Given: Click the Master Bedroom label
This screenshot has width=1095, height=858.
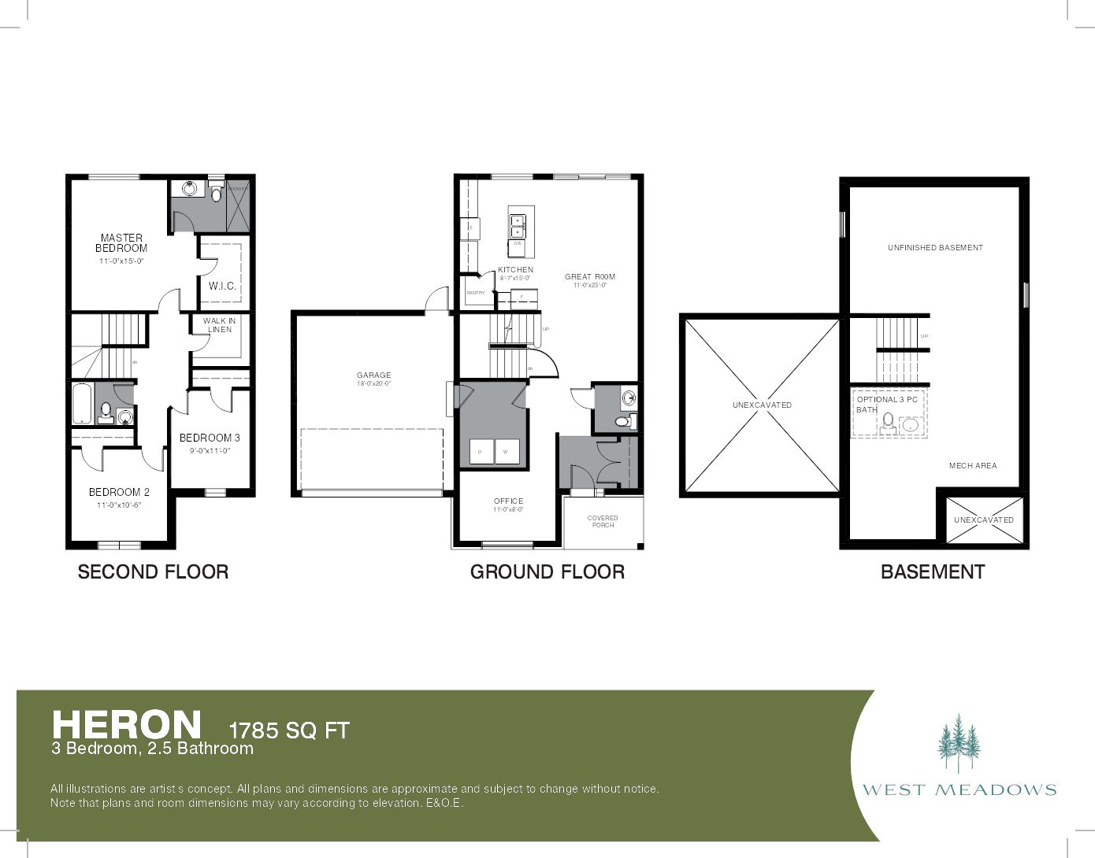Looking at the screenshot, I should click(121, 242).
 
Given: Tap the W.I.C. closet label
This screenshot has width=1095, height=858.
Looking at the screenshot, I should click(222, 286).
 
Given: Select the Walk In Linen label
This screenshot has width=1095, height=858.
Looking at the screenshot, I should click(219, 325).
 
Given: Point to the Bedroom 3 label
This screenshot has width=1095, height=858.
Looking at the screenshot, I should click(210, 438).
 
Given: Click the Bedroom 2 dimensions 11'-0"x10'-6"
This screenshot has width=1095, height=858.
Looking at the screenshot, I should click(119, 505).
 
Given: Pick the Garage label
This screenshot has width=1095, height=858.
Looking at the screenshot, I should click(373, 375).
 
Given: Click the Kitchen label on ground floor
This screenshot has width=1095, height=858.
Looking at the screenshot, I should click(515, 270).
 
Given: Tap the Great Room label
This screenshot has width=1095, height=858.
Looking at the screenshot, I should click(590, 276).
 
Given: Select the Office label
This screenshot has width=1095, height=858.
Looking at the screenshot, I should click(508, 501).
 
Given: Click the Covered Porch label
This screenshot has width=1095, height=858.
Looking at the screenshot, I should click(603, 521).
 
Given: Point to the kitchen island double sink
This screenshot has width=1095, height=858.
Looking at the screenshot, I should click(517, 226).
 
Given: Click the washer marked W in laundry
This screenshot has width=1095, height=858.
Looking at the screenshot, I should click(507, 452).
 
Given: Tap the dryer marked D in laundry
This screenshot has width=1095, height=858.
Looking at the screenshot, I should click(481, 452).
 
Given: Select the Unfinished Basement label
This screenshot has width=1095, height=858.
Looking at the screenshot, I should click(935, 247).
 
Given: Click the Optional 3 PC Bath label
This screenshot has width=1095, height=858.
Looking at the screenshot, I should click(886, 404).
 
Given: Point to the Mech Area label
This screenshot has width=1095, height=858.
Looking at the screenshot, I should click(973, 465).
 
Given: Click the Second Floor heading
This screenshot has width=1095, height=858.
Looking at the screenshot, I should click(153, 572).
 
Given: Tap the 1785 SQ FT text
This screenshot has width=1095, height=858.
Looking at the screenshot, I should click(288, 730).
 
